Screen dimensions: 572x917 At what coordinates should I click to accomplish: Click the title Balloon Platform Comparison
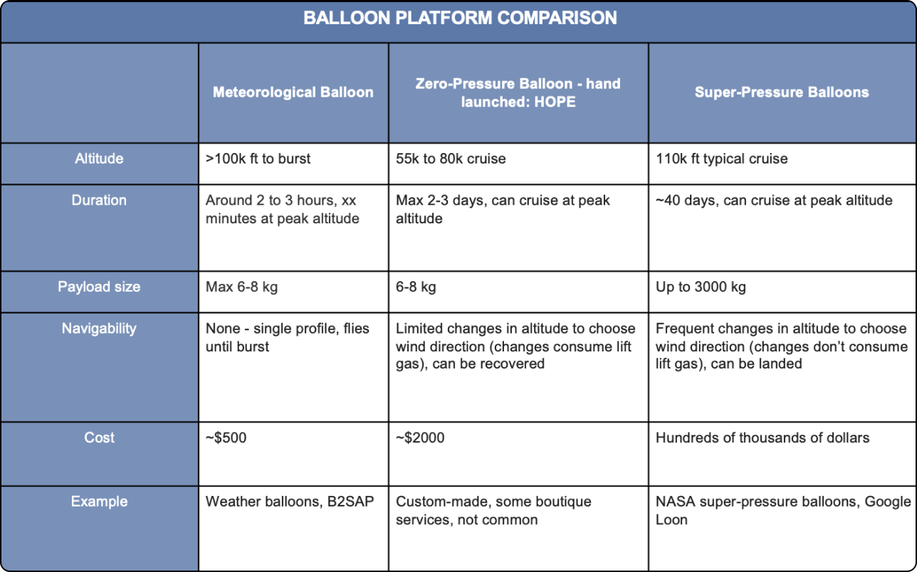pyautogui.click(x=460, y=18)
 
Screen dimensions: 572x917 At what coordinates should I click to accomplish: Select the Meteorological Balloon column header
pyautogui.click(x=293, y=92)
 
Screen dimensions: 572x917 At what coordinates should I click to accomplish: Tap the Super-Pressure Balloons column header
pyautogui.click(x=782, y=92)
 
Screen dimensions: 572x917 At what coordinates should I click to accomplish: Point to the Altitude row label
pyautogui.click(x=99, y=159)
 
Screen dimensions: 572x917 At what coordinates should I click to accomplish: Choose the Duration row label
pyautogui.click(x=99, y=201)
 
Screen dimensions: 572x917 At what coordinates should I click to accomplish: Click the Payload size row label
pyautogui.click(x=99, y=287)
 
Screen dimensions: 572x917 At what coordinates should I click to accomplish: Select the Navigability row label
pyautogui.click(x=99, y=329)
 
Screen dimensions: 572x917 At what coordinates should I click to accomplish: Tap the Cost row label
pyautogui.click(x=99, y=438)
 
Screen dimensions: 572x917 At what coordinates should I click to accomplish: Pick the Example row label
pyautogui.click(x=99, y=502)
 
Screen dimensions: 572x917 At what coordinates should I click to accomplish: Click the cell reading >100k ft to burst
pyautogui.click(x=258, y=159)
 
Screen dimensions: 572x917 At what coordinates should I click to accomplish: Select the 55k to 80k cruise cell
pyautogui.click(x=451, y=159)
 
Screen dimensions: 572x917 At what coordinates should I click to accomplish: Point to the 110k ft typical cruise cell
pyautogui.click(x=721, y=159)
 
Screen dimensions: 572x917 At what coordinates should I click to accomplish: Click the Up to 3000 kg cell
pyautogui.click(x=701, y=287)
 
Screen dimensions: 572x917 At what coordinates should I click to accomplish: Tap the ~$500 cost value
pyautogui.click(x=226, y=438)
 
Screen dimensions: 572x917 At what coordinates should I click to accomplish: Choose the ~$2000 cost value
pyautogui.click(x=420, y=438)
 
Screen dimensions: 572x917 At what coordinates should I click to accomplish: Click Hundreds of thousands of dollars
pyautogui.click(x=762, y=438)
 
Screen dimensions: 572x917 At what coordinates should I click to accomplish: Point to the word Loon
pyautogui.click(x=671, y=520)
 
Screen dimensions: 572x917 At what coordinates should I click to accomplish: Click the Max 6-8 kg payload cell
pyautogui.click(x=242, y=287)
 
